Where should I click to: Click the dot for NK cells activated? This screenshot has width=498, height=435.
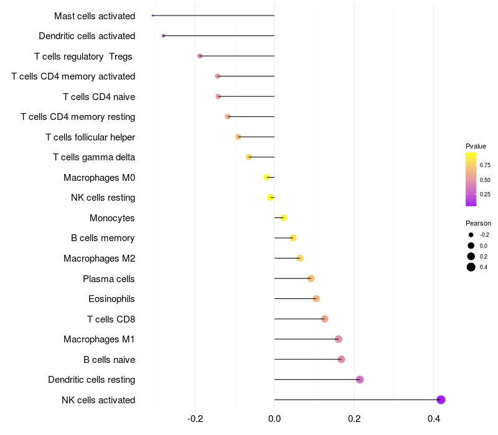click(x=441, y=400)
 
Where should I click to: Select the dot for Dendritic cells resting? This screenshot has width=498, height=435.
click(x=360, y=380)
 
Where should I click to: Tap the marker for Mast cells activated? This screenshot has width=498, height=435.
click(x=153, y=16)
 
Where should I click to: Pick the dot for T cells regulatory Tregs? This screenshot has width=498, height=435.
click(x=200, y=56)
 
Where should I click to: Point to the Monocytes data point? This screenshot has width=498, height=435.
click(x=283, y=217)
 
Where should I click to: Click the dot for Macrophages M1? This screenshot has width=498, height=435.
click(x=339, y=339)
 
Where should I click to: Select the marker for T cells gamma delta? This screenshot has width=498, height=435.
click(x=249, y=157)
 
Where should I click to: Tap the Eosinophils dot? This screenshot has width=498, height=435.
click(x=316, y=299)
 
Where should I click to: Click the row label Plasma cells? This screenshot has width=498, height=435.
click(x=109, y=279)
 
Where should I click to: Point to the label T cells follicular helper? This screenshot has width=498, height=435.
click(x=90, y=137)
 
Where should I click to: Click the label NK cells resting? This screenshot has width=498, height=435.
click(x=103, y=198)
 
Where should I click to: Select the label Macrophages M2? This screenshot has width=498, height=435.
click(x=99, y=259)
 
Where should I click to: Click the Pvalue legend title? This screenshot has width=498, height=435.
click(x=476, y=146)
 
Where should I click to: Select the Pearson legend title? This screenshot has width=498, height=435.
click(x=478, y=223)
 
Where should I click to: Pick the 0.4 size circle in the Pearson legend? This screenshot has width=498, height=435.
click(x=471, y=267)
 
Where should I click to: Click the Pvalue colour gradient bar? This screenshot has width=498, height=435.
click(x=471, y=179)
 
